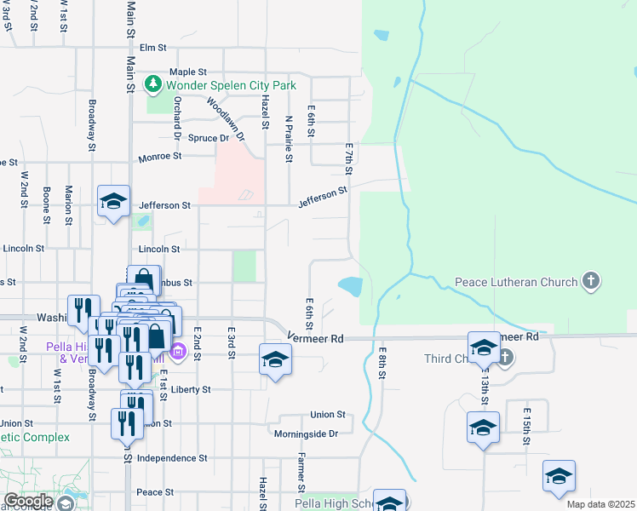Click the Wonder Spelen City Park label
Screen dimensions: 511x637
coord(231,85)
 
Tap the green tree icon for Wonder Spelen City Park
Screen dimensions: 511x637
coord(153,84)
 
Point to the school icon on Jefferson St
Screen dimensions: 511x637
coord(113,203)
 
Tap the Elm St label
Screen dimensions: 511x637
coord(152,48)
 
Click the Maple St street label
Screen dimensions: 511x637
coord(188,72)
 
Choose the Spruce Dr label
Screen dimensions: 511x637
coord(209,138)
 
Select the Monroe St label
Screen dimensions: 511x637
coord(160,157)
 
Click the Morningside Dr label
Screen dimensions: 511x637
coord(306,433)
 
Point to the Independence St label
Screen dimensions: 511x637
coord(172,457)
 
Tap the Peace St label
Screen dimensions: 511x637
coord(155,492)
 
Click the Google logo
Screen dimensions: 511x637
coord(28,501)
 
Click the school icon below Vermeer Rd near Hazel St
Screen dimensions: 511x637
coord(275,360)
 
